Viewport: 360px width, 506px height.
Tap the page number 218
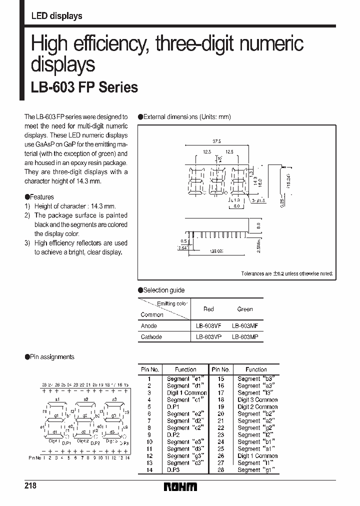(31, 486)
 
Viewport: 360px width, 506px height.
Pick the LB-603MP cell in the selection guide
(245, 337)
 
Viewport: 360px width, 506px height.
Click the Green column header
(245, 309)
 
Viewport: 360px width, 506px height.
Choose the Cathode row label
(151, 337)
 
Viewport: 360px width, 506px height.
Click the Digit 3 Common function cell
(257, 400)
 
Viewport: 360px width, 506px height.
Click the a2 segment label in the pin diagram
(86, 399)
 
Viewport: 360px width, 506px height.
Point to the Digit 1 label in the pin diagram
(54, 440)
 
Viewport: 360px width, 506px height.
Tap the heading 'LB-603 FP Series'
(84, 87)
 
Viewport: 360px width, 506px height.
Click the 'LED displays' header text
(56, 16)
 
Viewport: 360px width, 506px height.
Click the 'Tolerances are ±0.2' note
(286, 274)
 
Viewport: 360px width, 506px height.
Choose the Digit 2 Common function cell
(257, 407)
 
